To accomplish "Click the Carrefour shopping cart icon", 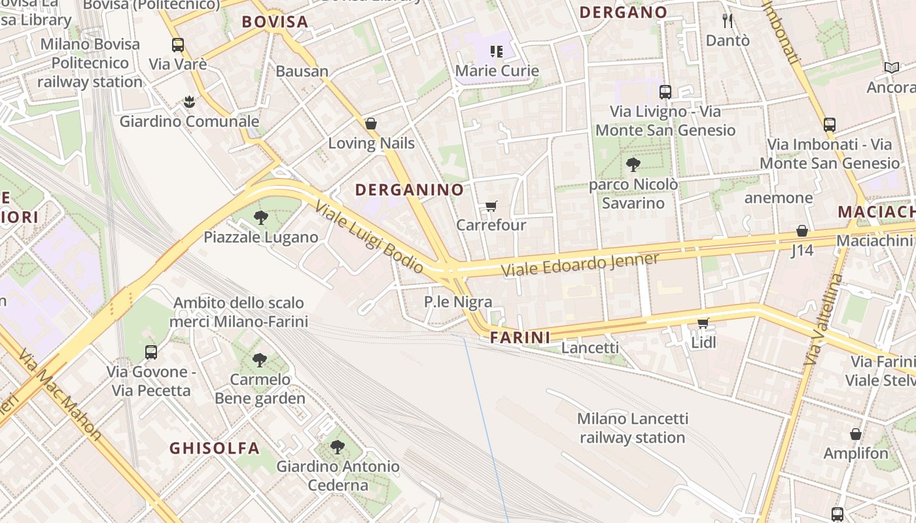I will (x=491, y=207).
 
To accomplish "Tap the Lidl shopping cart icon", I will (x=703, y=324).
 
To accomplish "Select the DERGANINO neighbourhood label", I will (x=409, y=190).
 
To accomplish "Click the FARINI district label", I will (x=520, y=338).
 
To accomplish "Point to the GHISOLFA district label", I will (x=215, y=448).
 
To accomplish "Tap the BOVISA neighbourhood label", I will (x=275, y=22).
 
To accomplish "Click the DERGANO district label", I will (x=623, y=12).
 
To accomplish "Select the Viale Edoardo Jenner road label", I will (x=580, y=265).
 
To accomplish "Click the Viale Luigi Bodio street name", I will (x=369, y=237).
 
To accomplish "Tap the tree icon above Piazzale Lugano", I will (x=261, y=218).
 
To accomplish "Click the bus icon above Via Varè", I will (x=178, y=45).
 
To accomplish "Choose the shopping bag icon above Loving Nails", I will (x=371, y=124).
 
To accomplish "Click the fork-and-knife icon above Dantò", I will (x=727, y=21).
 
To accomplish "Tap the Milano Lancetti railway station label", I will (x=633, y=428).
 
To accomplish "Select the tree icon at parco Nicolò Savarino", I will (x=633, y=165).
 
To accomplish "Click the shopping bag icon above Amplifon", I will (x=855, y=434).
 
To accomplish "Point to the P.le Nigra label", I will (x=458, y=302).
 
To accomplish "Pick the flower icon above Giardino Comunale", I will (x=189, y=102).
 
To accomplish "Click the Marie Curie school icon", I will (x=497, y=51).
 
